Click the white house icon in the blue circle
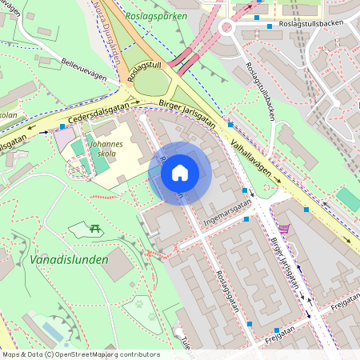pos(180,173)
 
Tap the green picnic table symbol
pos(95,230)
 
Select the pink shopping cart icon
pos(283,229)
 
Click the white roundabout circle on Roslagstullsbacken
pos(226,27)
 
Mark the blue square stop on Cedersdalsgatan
pos(62,126)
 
